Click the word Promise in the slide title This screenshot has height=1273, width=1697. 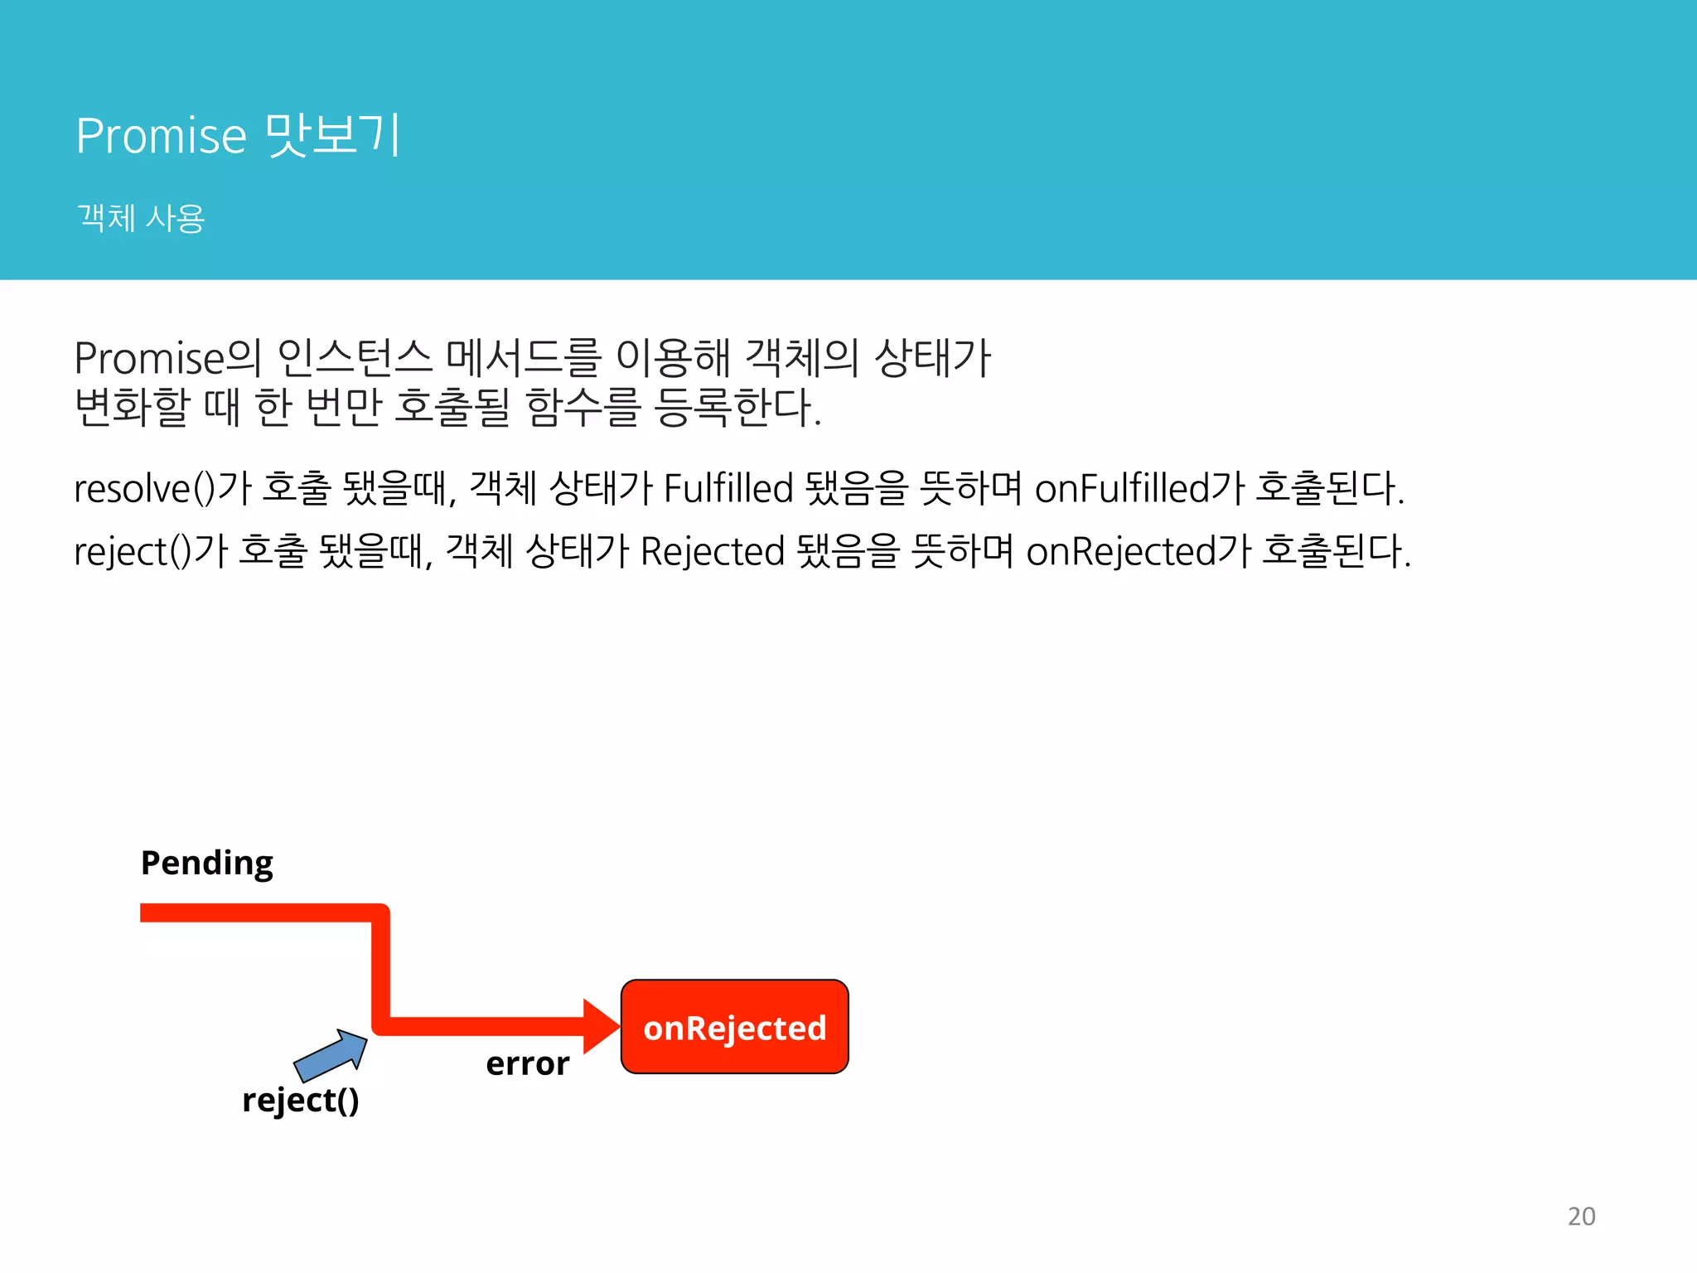coord(161,135)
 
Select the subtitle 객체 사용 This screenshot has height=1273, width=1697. coord(140,218)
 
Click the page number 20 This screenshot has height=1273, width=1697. coord(1581,1216)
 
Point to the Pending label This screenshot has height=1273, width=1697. coord(206,863)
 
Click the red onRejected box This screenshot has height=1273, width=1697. coord(734,1027)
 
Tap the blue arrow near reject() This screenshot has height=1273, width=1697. coord(331,1055)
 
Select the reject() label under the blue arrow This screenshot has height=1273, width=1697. coord(300,1101)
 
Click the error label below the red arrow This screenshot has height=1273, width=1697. coord(527,1063)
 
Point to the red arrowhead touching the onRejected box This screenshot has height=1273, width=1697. coord(601,1027)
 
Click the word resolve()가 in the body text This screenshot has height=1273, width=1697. coord(162,488)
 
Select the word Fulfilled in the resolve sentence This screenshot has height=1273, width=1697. coord(728,488)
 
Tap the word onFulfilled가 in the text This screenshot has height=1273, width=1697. coord(1139,488)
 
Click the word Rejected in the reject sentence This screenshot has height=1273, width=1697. coord(712,552)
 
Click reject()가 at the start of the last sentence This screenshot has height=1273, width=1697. coord(150,552)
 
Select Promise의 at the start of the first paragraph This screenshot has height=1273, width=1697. coord(167,359)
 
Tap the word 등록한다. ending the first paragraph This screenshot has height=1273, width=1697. coord(737,407)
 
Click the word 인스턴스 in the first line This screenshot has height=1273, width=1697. coord(355,359)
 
